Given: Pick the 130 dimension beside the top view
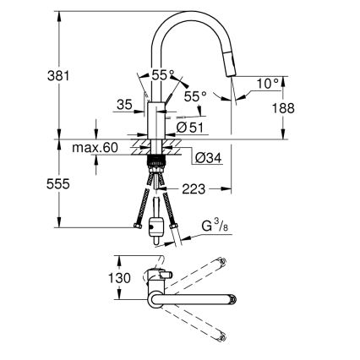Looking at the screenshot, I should point(120,278).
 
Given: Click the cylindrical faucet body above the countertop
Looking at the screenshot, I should point(155,121).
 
